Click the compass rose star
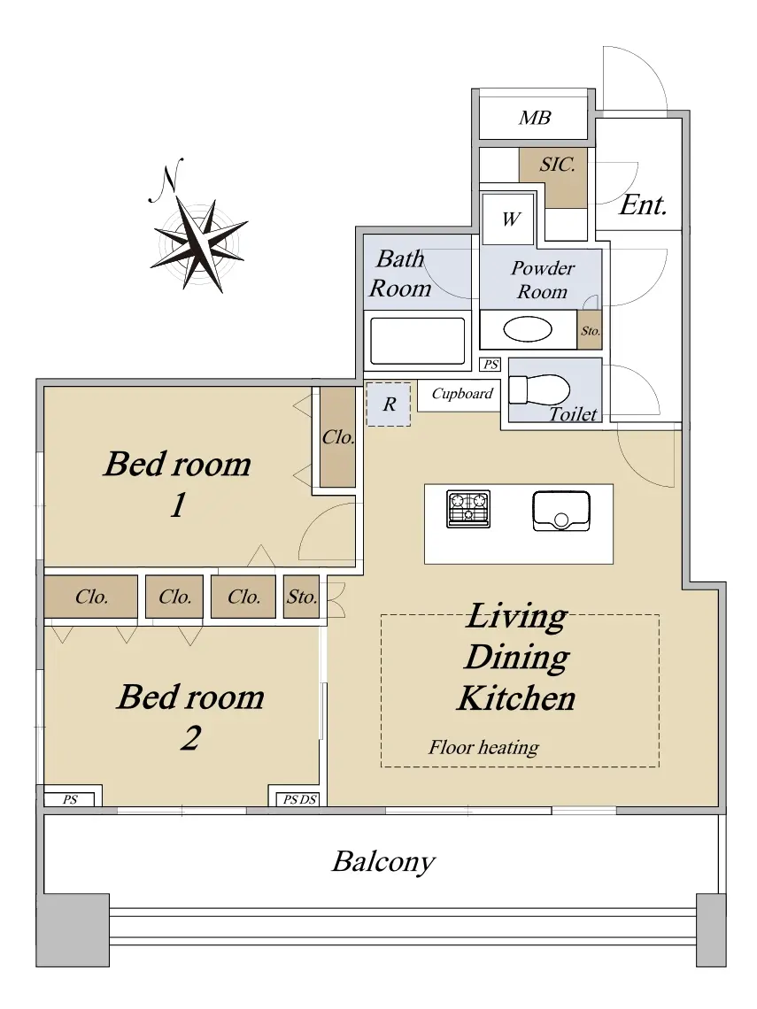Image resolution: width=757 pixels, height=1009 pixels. tap(199, 244)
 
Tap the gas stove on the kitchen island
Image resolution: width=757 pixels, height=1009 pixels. tap(468, 509)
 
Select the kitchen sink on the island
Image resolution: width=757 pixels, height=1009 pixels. tap(561, 512)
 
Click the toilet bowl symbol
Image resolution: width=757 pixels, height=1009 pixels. tap(539, 390)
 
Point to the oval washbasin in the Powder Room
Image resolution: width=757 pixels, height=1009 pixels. tap(527, 330)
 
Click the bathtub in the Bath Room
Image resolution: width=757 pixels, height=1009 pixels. tap(418, 341)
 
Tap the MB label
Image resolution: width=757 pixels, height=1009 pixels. tap(535, 118)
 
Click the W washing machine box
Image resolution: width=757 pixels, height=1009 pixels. tap(508, 219)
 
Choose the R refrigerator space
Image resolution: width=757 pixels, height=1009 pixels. tap(388, 404)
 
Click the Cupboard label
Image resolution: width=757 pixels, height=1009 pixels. tap(462, 394)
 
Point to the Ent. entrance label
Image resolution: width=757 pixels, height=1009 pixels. tap(643, 205)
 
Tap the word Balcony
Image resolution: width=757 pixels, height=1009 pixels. tap(383, 862)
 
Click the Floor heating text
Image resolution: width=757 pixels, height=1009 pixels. tap(484, 748)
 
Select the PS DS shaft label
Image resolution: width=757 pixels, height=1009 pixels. tap(300, 800)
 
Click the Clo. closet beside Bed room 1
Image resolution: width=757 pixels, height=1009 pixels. tap(338, 437)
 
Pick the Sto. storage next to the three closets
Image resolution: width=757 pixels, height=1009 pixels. tap(301, 597)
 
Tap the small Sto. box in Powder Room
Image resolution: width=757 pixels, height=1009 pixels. tap(590, 331)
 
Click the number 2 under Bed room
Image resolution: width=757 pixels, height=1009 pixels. tap(190, 738)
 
